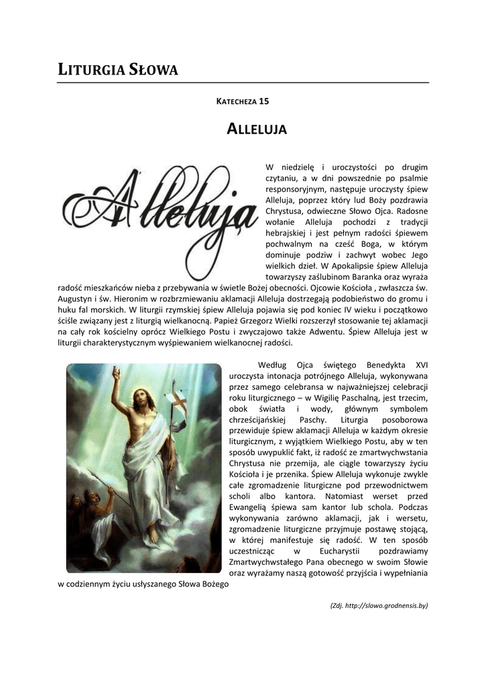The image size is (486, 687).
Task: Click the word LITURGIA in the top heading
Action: (x=88, y=68)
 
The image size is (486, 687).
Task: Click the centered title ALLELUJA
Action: (x=257, y=129)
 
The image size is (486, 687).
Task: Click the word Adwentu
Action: (x=326, y=331)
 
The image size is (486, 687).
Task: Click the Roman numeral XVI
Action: (x=421, y=365)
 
